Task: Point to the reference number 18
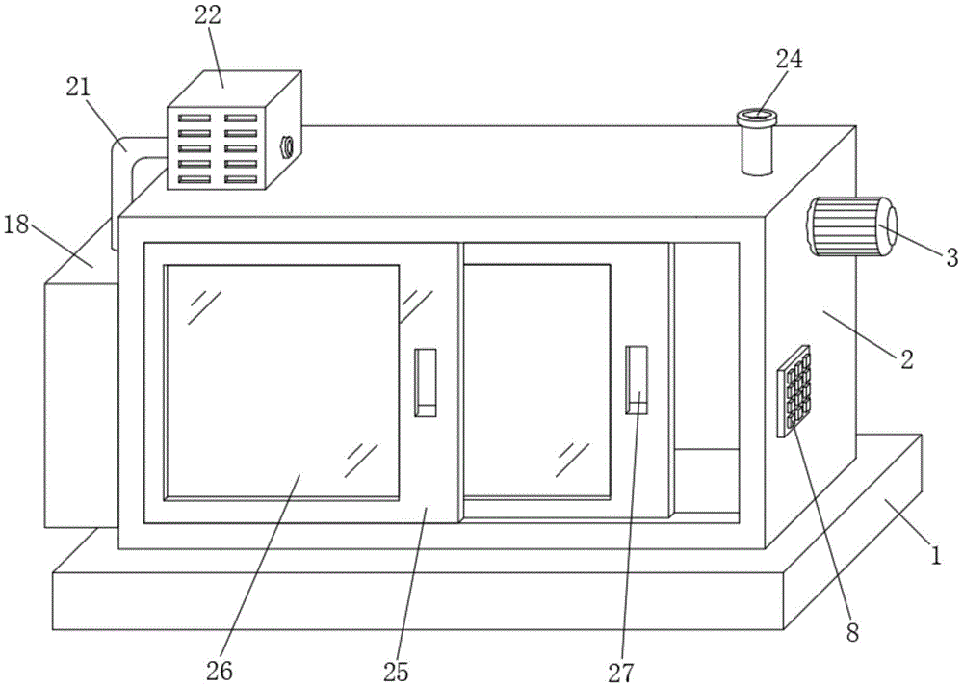16,225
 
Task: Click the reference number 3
950,256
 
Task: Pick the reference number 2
906,359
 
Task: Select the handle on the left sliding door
425,383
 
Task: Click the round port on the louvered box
286,147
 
